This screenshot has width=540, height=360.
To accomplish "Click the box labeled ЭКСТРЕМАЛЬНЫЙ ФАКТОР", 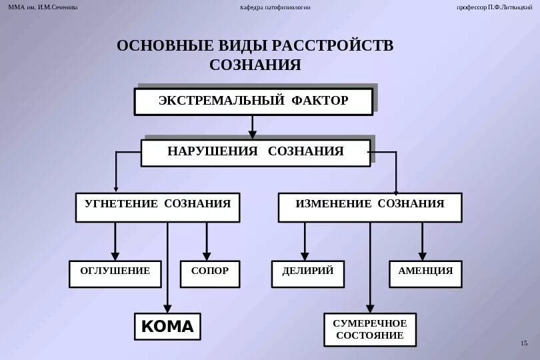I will pyautogui.click(x=253, y=101).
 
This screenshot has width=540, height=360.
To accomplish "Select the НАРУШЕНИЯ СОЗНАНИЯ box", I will pyautogui.click(x=255, y=153).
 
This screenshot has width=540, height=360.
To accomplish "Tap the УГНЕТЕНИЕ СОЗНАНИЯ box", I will pyautogui.click(x=157, y=207).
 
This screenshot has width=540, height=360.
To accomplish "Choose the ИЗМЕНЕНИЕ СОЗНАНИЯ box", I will pyautogui.click(x=369, y=207).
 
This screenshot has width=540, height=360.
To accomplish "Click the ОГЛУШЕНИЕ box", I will pyautogui.click(x=115, y=273).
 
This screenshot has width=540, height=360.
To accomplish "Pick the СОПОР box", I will pyautogui.click(x=210, y=273).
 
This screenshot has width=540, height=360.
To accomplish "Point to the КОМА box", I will pyautogui.click(x=167, y=326).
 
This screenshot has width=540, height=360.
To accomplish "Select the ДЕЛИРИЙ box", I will pyautogui.click(x=308, y=273).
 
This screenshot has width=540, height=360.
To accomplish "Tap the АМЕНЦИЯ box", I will pyautogui.click(x=425, y=273).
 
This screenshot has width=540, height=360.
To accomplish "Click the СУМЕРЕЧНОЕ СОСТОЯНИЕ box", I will pyautogui.click(x=369, y=329).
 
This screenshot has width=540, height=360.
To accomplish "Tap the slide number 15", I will pyautogui.click(x=523, y=343).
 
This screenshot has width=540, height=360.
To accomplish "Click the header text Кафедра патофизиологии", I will pyautogui.click(x=275, y=7).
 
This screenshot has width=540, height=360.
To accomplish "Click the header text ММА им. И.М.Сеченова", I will pyautogui.click(x=43, y=7).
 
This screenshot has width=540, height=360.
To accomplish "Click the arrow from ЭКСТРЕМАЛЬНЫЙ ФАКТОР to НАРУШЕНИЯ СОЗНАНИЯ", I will pyautogui.click(x=252, y=127).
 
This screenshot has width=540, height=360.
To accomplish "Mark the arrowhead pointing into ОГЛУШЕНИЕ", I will pyautogui.click(x=115, y=255).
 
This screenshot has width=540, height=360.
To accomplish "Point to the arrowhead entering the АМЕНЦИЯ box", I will pyautogui.click(x=422, y=255).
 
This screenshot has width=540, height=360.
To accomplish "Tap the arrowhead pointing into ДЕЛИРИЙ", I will pyautogui.click(x=305, y=255).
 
